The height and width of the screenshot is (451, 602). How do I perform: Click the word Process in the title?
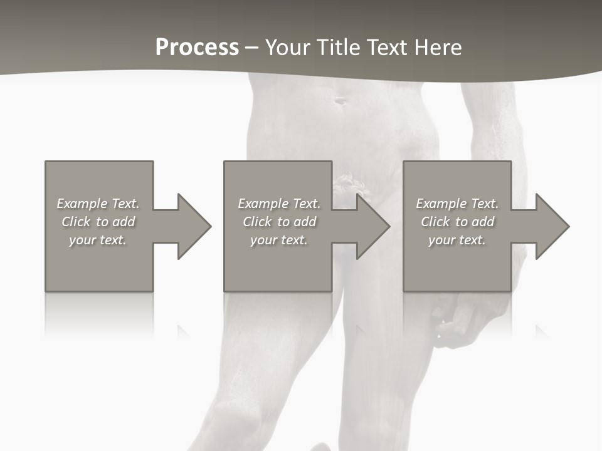[x=197, y=48]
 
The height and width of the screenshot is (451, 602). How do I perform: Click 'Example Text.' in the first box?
[x=98, y=204]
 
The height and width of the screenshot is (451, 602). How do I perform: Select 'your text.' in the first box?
[x=98, y=240]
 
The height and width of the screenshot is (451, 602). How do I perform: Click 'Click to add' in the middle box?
[x=279, y=222]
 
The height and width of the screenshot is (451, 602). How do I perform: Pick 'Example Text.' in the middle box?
[x=279, y=204]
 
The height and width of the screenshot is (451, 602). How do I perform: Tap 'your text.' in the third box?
[x=457, y=240]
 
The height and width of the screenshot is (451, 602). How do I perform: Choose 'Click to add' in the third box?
[x=457, y=222]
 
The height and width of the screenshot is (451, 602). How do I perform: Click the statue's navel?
[x=340, y=100]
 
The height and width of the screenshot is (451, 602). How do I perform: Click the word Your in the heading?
[x=288, y=48]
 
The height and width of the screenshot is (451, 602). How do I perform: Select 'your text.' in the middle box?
[x=279, y=240]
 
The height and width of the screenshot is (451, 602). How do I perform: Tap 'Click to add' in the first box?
[x=98, y=222]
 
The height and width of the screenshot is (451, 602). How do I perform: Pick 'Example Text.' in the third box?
[x=457, y=204]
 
